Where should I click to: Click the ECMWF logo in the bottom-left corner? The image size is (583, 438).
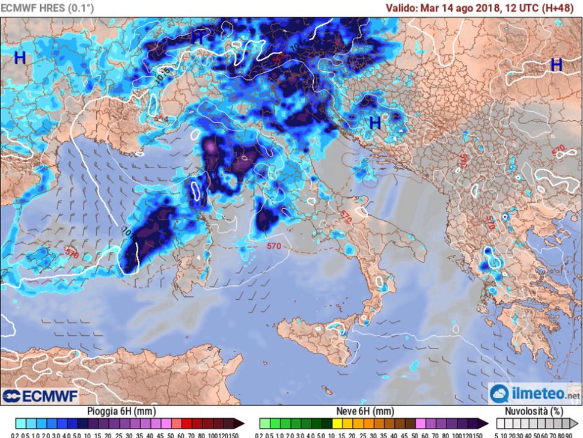point(40,396)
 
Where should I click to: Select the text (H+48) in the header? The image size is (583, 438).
point(561,8)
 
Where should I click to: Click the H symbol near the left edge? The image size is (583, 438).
point(20,58)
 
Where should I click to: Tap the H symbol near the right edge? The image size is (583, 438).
point(556,65)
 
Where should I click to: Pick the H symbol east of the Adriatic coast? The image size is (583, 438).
point(375,123)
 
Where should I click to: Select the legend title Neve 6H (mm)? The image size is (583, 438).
point(365,412)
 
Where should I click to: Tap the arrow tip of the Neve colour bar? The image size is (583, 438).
point(485,423)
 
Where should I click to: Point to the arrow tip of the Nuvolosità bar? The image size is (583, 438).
point(572,423)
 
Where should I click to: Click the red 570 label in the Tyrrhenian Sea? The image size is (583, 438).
point(274,246)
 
